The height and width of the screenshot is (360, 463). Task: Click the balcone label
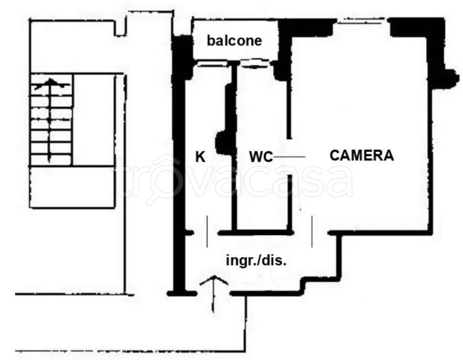click(x=234, y=41)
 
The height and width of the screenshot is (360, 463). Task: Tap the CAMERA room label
click(x=362, y=155)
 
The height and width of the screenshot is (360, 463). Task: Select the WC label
click(x=261, y=157)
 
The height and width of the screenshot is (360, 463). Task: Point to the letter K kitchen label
click(x=200, y=157)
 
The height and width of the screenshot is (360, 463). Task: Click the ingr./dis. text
click(x=256, y=260)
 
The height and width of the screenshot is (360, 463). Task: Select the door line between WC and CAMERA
click(x=289, y=157)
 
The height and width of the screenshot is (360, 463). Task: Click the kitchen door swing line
click(x=207, y=232)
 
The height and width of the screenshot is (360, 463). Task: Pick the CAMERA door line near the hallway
click(x=312, y=232)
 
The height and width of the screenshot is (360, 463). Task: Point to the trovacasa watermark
click(x=235, y=179)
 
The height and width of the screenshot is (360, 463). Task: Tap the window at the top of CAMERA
click(x=361, y=21)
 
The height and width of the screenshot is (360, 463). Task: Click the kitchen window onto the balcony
click(x=212, y=64)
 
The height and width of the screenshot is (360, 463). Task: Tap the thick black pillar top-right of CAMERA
click(x=418, y=27)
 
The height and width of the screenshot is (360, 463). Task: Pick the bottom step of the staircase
click(x=51, y=160)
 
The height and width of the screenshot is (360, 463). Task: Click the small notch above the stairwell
click(x=120, y=28)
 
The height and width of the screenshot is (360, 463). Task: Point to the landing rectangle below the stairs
click(x=72, y=187)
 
